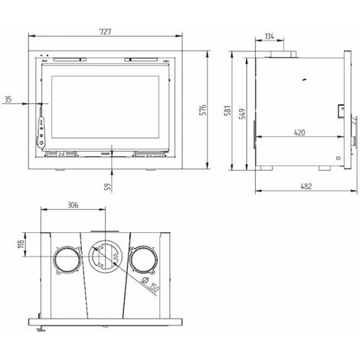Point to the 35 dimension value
(x=8, y=99)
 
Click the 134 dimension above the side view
(x=269, y=36)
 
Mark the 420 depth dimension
(x=300, y=133)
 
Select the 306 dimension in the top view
(x=74, y=206)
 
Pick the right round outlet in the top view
(x=143, y=260)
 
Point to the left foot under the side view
(x=263, y=170)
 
